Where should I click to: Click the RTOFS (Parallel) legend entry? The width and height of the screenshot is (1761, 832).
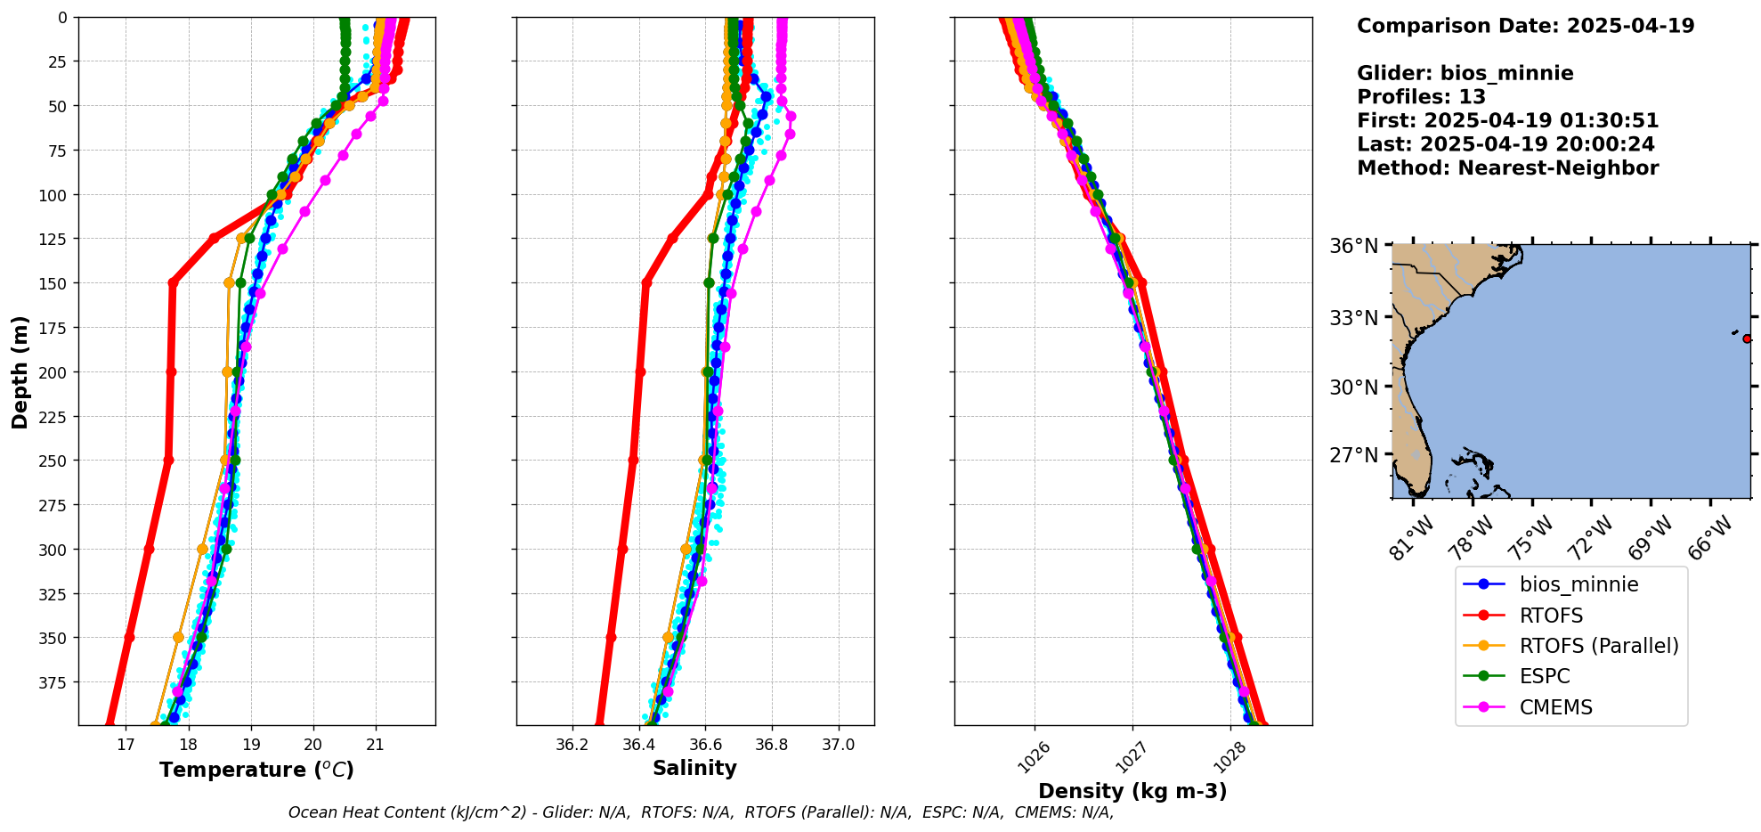1599,646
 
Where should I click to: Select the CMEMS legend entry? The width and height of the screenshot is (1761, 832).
1555,707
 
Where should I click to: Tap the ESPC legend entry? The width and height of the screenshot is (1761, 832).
1545,676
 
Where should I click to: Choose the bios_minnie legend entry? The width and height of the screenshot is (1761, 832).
1578,584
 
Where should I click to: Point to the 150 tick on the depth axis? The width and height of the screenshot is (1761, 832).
56,283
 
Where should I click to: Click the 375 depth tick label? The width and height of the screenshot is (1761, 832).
56,682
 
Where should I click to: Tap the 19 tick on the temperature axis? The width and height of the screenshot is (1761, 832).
251,745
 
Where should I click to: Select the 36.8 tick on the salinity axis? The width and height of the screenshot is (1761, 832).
772,745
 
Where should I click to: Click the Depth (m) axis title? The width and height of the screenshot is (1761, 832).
20,371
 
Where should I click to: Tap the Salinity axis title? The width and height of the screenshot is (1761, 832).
694,769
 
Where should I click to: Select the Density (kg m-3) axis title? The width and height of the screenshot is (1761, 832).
1132,791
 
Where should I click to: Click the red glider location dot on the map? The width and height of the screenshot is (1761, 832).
1747,339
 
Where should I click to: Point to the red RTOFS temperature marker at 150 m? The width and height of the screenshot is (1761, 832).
173,283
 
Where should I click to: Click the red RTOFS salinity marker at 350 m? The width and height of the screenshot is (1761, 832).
611,637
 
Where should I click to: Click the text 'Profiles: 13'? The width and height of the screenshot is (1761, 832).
1421,97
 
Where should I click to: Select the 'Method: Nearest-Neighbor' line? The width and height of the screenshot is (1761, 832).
1507,168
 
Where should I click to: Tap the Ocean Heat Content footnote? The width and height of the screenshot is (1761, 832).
701,812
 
